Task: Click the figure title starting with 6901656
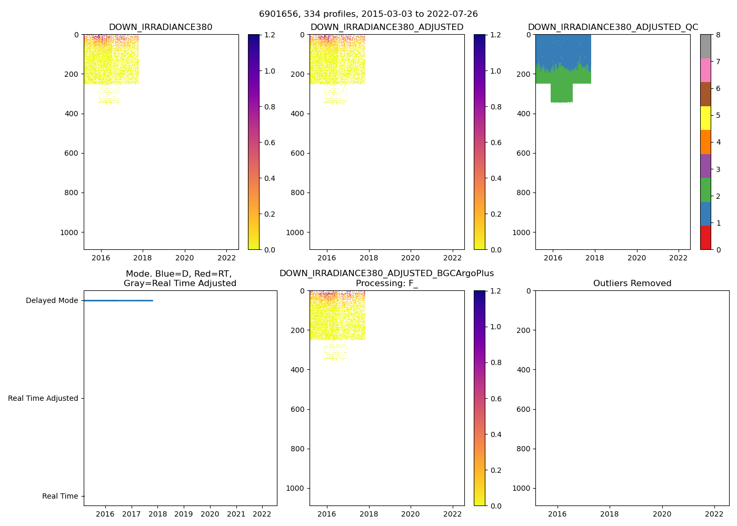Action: (x=368, y=14)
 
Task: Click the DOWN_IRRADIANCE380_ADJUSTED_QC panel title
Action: (x=613, y=27)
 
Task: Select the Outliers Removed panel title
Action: (x=632, y=284)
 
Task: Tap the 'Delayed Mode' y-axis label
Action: (x=52, y=301)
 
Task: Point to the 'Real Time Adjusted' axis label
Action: (x=43, y=399)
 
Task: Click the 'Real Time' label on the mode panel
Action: (x=60, y=497)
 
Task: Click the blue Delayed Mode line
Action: (x=118, y=300)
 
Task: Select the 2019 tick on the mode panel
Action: (x=183, y=514)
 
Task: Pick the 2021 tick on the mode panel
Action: (x=236, y=514)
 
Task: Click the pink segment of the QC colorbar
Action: (x=705, y=70)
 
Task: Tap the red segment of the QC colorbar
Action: (x=705, y=238)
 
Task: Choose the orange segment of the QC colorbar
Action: (x=705, y=142)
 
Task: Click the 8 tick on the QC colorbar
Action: (x=718, y=35)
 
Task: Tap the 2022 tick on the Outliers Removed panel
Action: (x=714, y=514)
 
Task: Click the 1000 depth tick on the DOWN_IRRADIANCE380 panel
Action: (x=69, y=232)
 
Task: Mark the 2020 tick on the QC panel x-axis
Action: (x=636, y=258)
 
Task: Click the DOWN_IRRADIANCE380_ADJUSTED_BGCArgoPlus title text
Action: (x=386, y=274)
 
